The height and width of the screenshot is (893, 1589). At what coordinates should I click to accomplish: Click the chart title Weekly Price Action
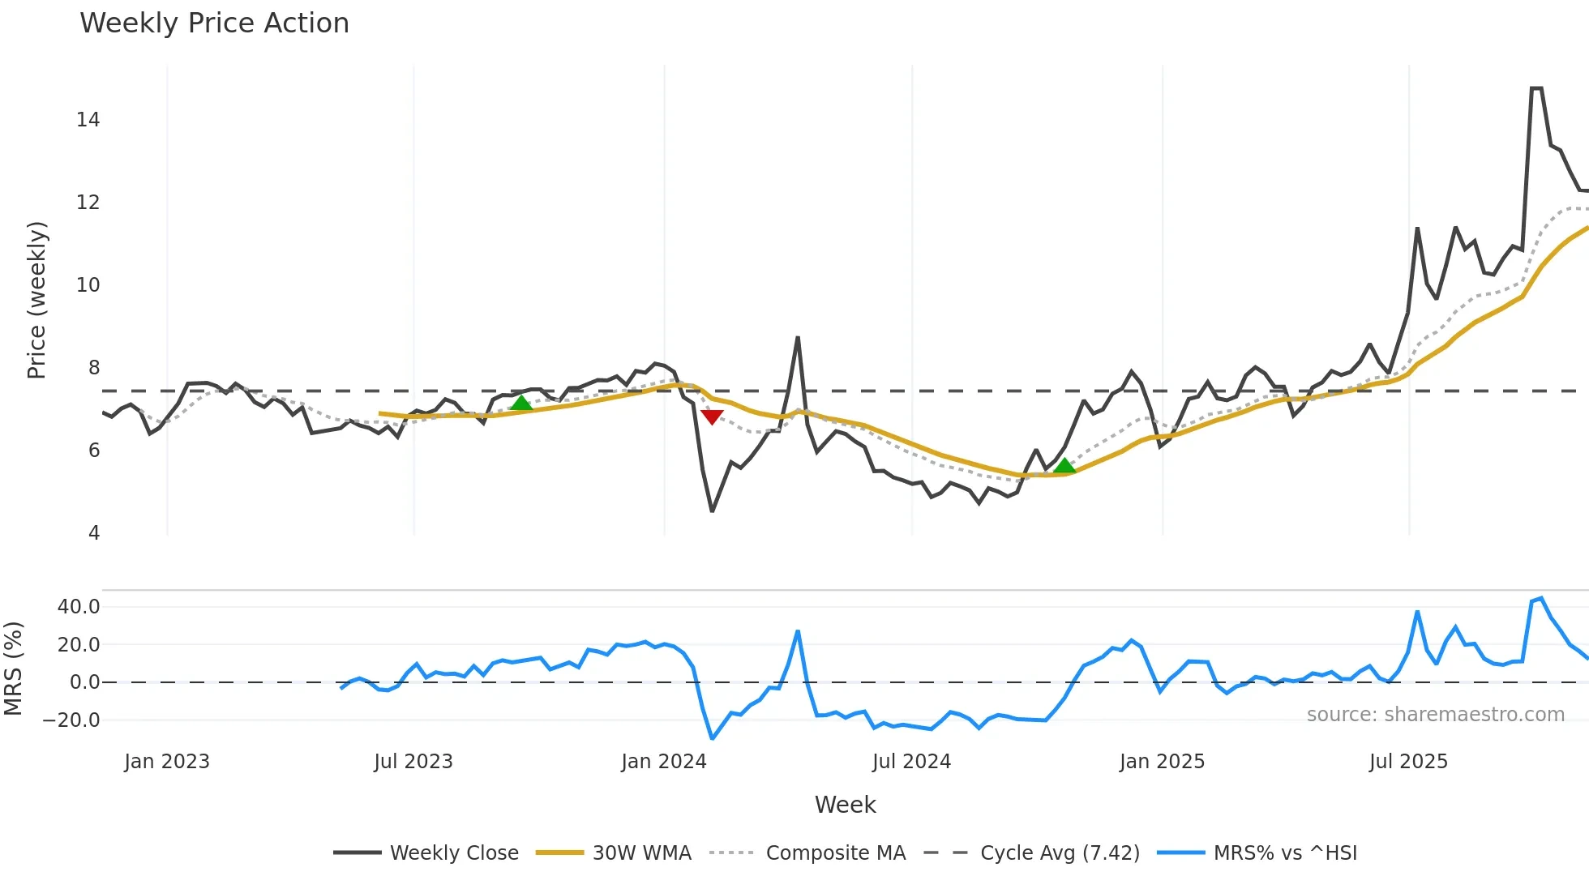tap(214, 23)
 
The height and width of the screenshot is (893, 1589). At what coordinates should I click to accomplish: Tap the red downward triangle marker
tap(712, 417)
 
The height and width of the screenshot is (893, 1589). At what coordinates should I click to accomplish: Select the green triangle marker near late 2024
tap(1064, 465)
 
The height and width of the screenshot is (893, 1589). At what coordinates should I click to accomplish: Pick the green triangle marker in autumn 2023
tap(521, 403)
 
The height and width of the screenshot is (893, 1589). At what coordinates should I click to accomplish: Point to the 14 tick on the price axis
tap(88, 120)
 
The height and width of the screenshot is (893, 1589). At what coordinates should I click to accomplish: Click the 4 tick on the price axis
tap(94, 533)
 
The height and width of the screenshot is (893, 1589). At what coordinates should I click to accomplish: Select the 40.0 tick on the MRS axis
tap(79, 606)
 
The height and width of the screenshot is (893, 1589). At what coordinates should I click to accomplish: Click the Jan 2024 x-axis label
tap(664, 762)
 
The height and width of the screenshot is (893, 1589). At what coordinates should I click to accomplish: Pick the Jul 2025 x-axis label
tap(1408, 762)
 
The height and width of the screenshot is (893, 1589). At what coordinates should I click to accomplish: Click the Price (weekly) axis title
tap(36, 300)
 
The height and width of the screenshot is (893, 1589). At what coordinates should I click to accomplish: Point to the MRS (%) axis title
tap(13, 669)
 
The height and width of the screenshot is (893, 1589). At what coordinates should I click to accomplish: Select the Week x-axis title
tap(845, 805)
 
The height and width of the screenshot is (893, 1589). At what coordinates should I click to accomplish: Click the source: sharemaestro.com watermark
tap(1435, 715)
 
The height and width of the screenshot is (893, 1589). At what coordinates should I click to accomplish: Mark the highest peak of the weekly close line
tap(1536, 88)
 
